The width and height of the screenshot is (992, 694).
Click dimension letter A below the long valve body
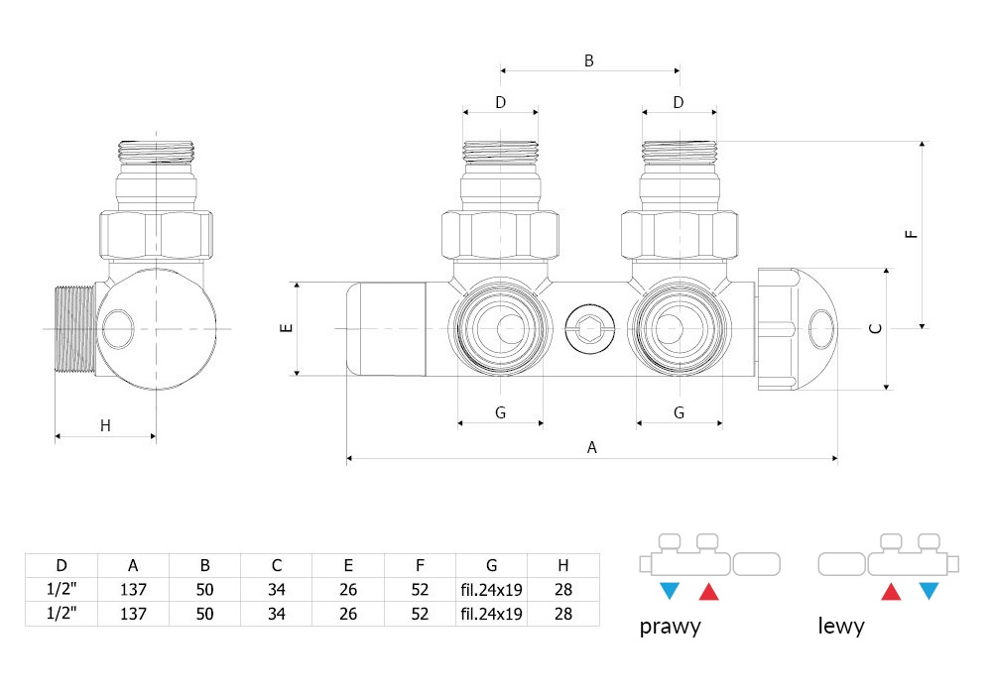(591, 447)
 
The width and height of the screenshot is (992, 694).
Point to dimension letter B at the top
(589, 60)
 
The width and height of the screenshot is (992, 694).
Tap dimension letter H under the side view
(105, 426)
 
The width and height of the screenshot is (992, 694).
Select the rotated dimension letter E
(287, 327)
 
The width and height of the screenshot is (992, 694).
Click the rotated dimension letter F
(911, 233)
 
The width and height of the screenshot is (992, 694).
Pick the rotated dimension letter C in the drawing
(876, 328)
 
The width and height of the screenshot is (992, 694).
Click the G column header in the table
(492, 565)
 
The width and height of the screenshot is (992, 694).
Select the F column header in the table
(420, 565)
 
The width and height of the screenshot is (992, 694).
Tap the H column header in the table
(563, 565)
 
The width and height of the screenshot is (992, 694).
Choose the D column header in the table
(62, 565)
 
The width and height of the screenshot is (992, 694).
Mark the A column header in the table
(133, 565)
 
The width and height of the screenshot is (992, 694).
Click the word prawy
(670, 627)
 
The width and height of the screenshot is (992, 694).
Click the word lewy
(841, 626)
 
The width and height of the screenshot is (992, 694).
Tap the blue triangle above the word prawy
(669, 591)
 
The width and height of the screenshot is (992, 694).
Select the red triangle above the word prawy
(708, 591)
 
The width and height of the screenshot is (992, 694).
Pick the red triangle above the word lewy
(891, 591)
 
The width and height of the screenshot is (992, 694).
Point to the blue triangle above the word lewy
(929, 591)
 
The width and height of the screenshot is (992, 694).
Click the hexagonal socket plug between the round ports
(589, 329)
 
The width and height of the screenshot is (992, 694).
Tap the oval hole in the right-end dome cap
(821, 329)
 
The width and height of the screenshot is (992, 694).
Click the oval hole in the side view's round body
(118, 329)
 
